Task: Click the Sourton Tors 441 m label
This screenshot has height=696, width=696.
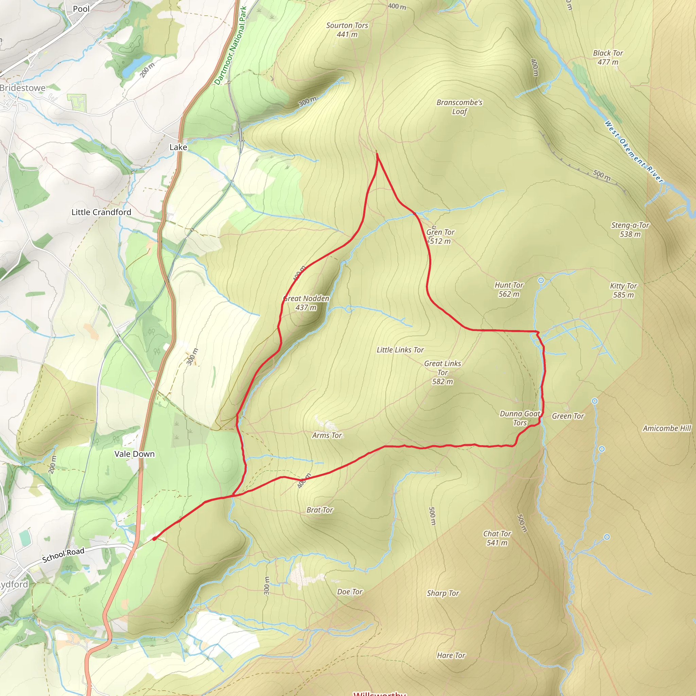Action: pos(347,30)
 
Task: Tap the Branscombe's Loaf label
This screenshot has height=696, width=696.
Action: pos(459,107)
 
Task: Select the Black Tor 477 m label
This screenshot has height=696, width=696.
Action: pos(608,58)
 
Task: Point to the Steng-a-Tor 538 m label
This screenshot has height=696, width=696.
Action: pos(630,230)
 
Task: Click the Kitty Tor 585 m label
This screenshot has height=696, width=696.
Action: pos(623,290)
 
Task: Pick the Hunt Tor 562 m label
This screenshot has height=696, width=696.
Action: pos(509,290)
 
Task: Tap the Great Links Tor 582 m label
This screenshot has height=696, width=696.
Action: pos(442,372)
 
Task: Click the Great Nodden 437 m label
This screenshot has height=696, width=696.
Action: pos(306,303)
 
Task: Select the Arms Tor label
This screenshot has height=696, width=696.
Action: pos(327,435)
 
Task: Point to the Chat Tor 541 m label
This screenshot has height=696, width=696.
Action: pos(497,538)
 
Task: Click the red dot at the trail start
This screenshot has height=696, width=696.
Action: pos(154,539)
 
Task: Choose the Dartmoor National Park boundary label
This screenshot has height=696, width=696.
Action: pos(230,46)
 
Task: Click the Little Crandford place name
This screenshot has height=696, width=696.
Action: pos(101,212)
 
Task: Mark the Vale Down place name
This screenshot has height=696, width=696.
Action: pos(134,454)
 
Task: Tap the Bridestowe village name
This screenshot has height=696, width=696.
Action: pos(23,88)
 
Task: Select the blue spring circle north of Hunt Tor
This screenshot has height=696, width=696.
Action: pos(541,280)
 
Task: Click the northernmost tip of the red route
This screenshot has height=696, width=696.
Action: pos(377,154)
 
